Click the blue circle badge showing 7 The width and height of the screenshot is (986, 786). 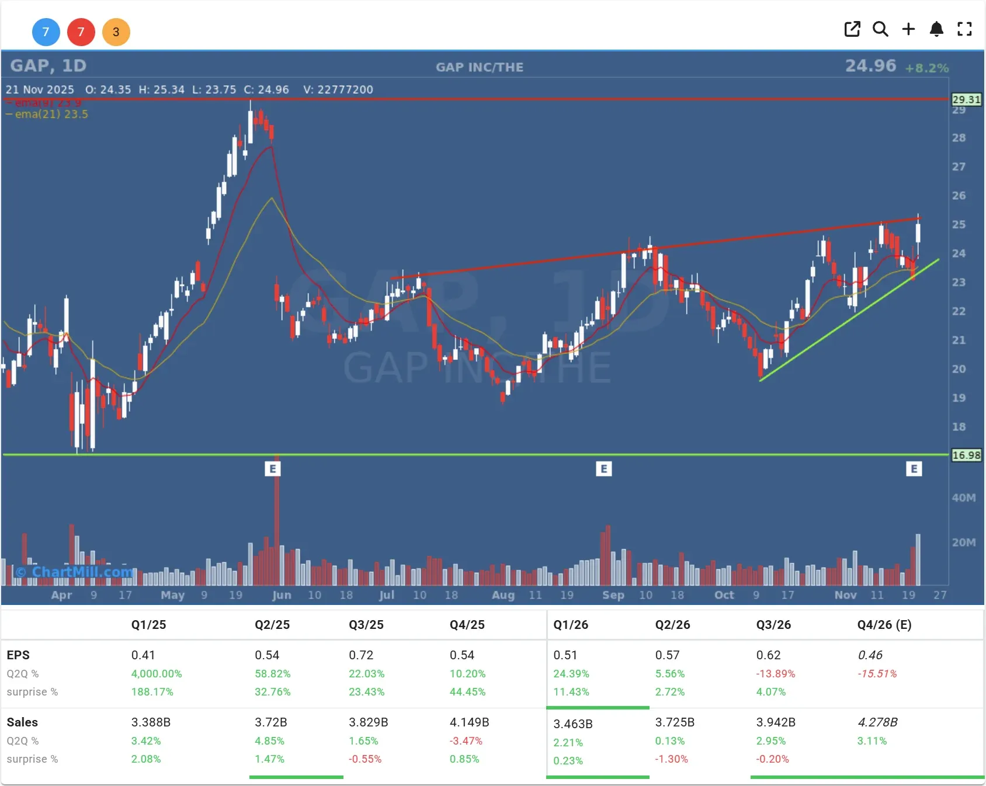tap(46, 32)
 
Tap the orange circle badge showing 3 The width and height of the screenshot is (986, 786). tap(116, 32)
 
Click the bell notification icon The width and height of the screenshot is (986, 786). tap(936, 29)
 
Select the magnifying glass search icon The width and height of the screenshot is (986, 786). tap(880, 29)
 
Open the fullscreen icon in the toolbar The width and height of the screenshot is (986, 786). tap(964, 29)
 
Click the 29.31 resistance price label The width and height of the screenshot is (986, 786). tap(966, 100)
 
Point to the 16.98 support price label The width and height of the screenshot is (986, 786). tap(966, 455)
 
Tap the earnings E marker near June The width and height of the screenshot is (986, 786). tap(273, 469)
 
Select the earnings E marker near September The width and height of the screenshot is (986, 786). tap(604, 469)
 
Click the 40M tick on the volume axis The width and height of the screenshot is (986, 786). tap(963, 498)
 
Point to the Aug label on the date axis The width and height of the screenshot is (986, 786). tap(503, 595)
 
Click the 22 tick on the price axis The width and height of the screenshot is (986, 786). tap(959, 311)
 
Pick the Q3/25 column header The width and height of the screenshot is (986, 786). tap(366, 625)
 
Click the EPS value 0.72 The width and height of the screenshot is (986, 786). tap(360, 655)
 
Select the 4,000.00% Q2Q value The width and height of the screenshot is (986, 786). tap(157, 674)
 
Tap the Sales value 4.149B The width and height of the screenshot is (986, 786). tap(469, 722)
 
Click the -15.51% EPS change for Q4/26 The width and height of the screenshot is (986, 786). tap(877, 674)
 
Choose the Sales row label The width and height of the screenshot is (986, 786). tap(22, 722)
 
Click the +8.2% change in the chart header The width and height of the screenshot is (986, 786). tap(926, 68)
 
